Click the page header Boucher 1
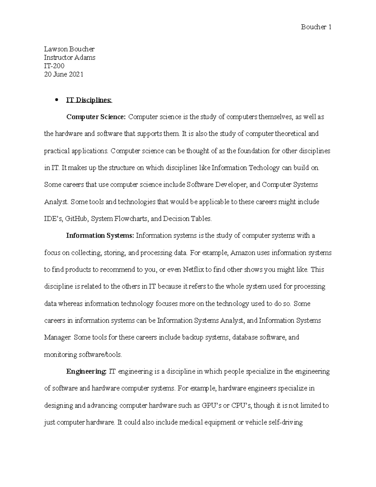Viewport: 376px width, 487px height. [x=316, y=27]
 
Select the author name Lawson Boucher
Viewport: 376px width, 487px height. [x=69, y=49]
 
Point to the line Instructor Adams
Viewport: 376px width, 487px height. [x=70, y=57]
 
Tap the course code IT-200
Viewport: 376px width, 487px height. [x=54, y=66]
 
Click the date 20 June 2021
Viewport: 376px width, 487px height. [x=64, y=74]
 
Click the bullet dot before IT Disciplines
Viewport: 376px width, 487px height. [x=57, y=100]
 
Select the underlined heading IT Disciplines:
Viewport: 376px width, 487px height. [x=89, y=100]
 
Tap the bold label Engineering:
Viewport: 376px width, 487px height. [x=86, y=372]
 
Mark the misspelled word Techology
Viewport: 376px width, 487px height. [x=264, y=168]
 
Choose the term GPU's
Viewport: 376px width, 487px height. [x=211, y=405]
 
